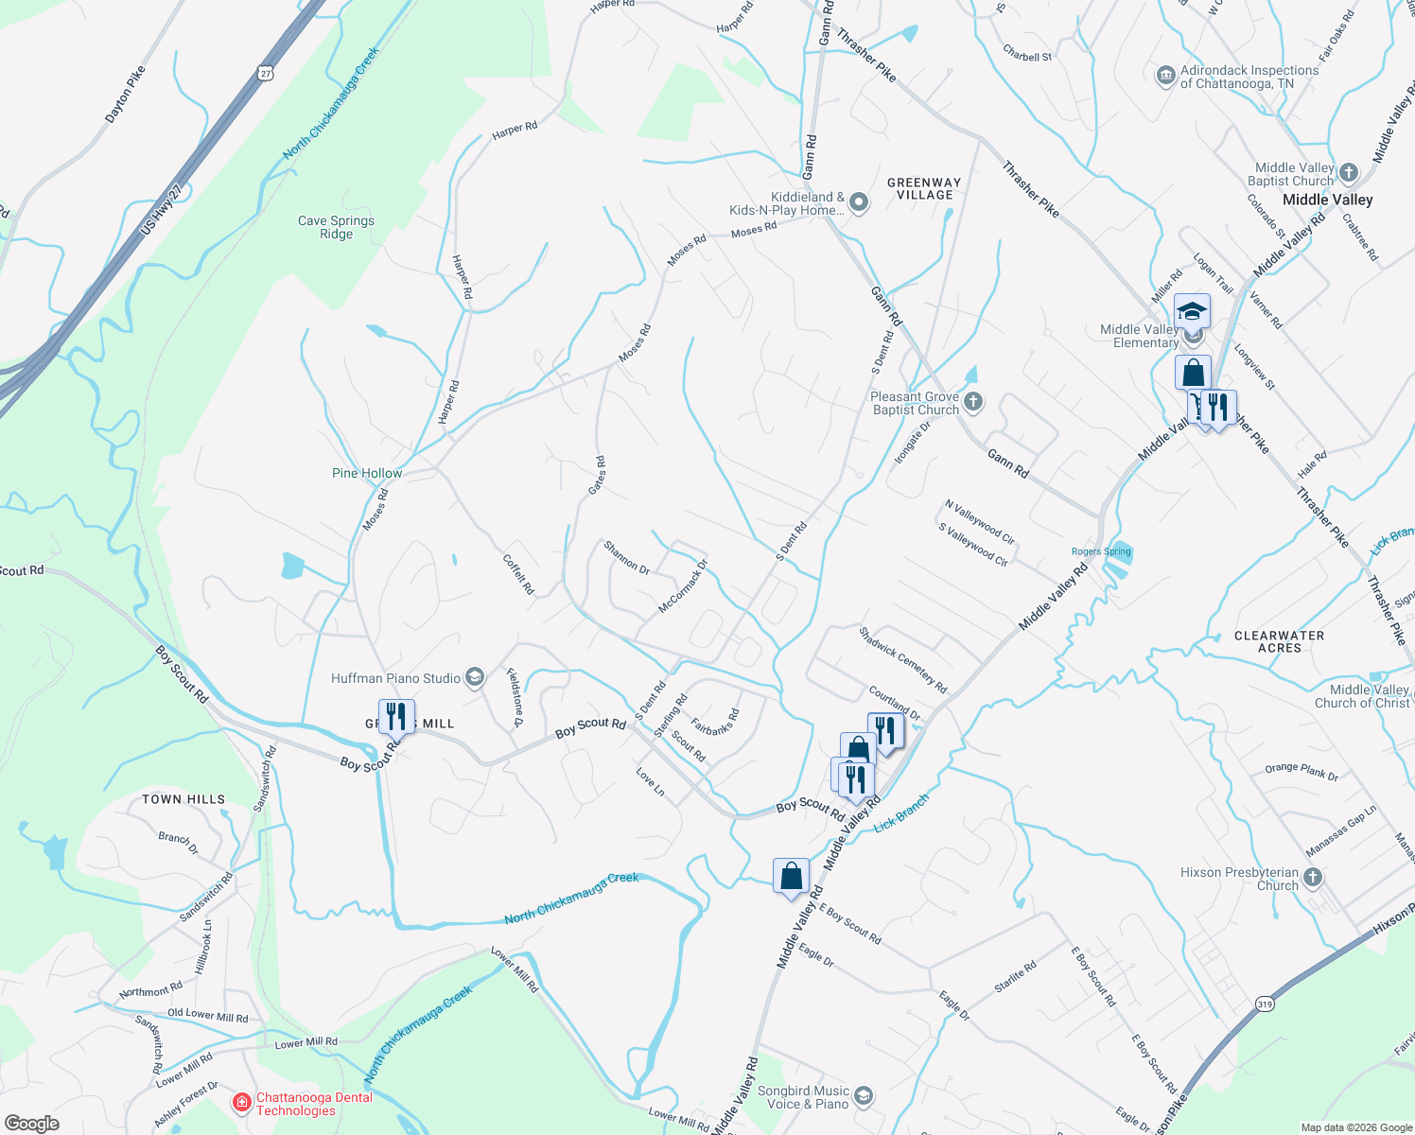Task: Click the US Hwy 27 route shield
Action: tap(265, 72)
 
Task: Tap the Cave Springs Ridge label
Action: tap(336, 227)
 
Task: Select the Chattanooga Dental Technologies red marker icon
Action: tap(242, 1103)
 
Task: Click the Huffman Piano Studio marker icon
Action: tap(475, 677)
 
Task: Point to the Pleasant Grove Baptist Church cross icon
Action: tap(973, 403)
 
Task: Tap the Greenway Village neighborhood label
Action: tap(924, 188)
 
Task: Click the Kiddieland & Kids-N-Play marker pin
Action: tap(859, 202)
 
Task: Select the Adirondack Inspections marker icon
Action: tap(1165, 75)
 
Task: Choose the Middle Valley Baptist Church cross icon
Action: tap(1349, 172)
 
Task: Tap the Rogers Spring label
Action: tap(1101, 551)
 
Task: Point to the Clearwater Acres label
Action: tap(1279, 641)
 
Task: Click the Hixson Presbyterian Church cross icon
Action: tap(1312, 878)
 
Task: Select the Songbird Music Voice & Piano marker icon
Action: tap(863, 1096)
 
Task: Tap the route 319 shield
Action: tap(1265, 1004)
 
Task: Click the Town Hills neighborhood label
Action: tap(183, 799)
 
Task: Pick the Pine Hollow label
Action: tap(367, 473)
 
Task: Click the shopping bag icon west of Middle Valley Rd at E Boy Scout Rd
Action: tap(791, 877)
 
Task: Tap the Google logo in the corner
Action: tap(32, 1123)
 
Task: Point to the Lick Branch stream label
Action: tap(901, 812)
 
